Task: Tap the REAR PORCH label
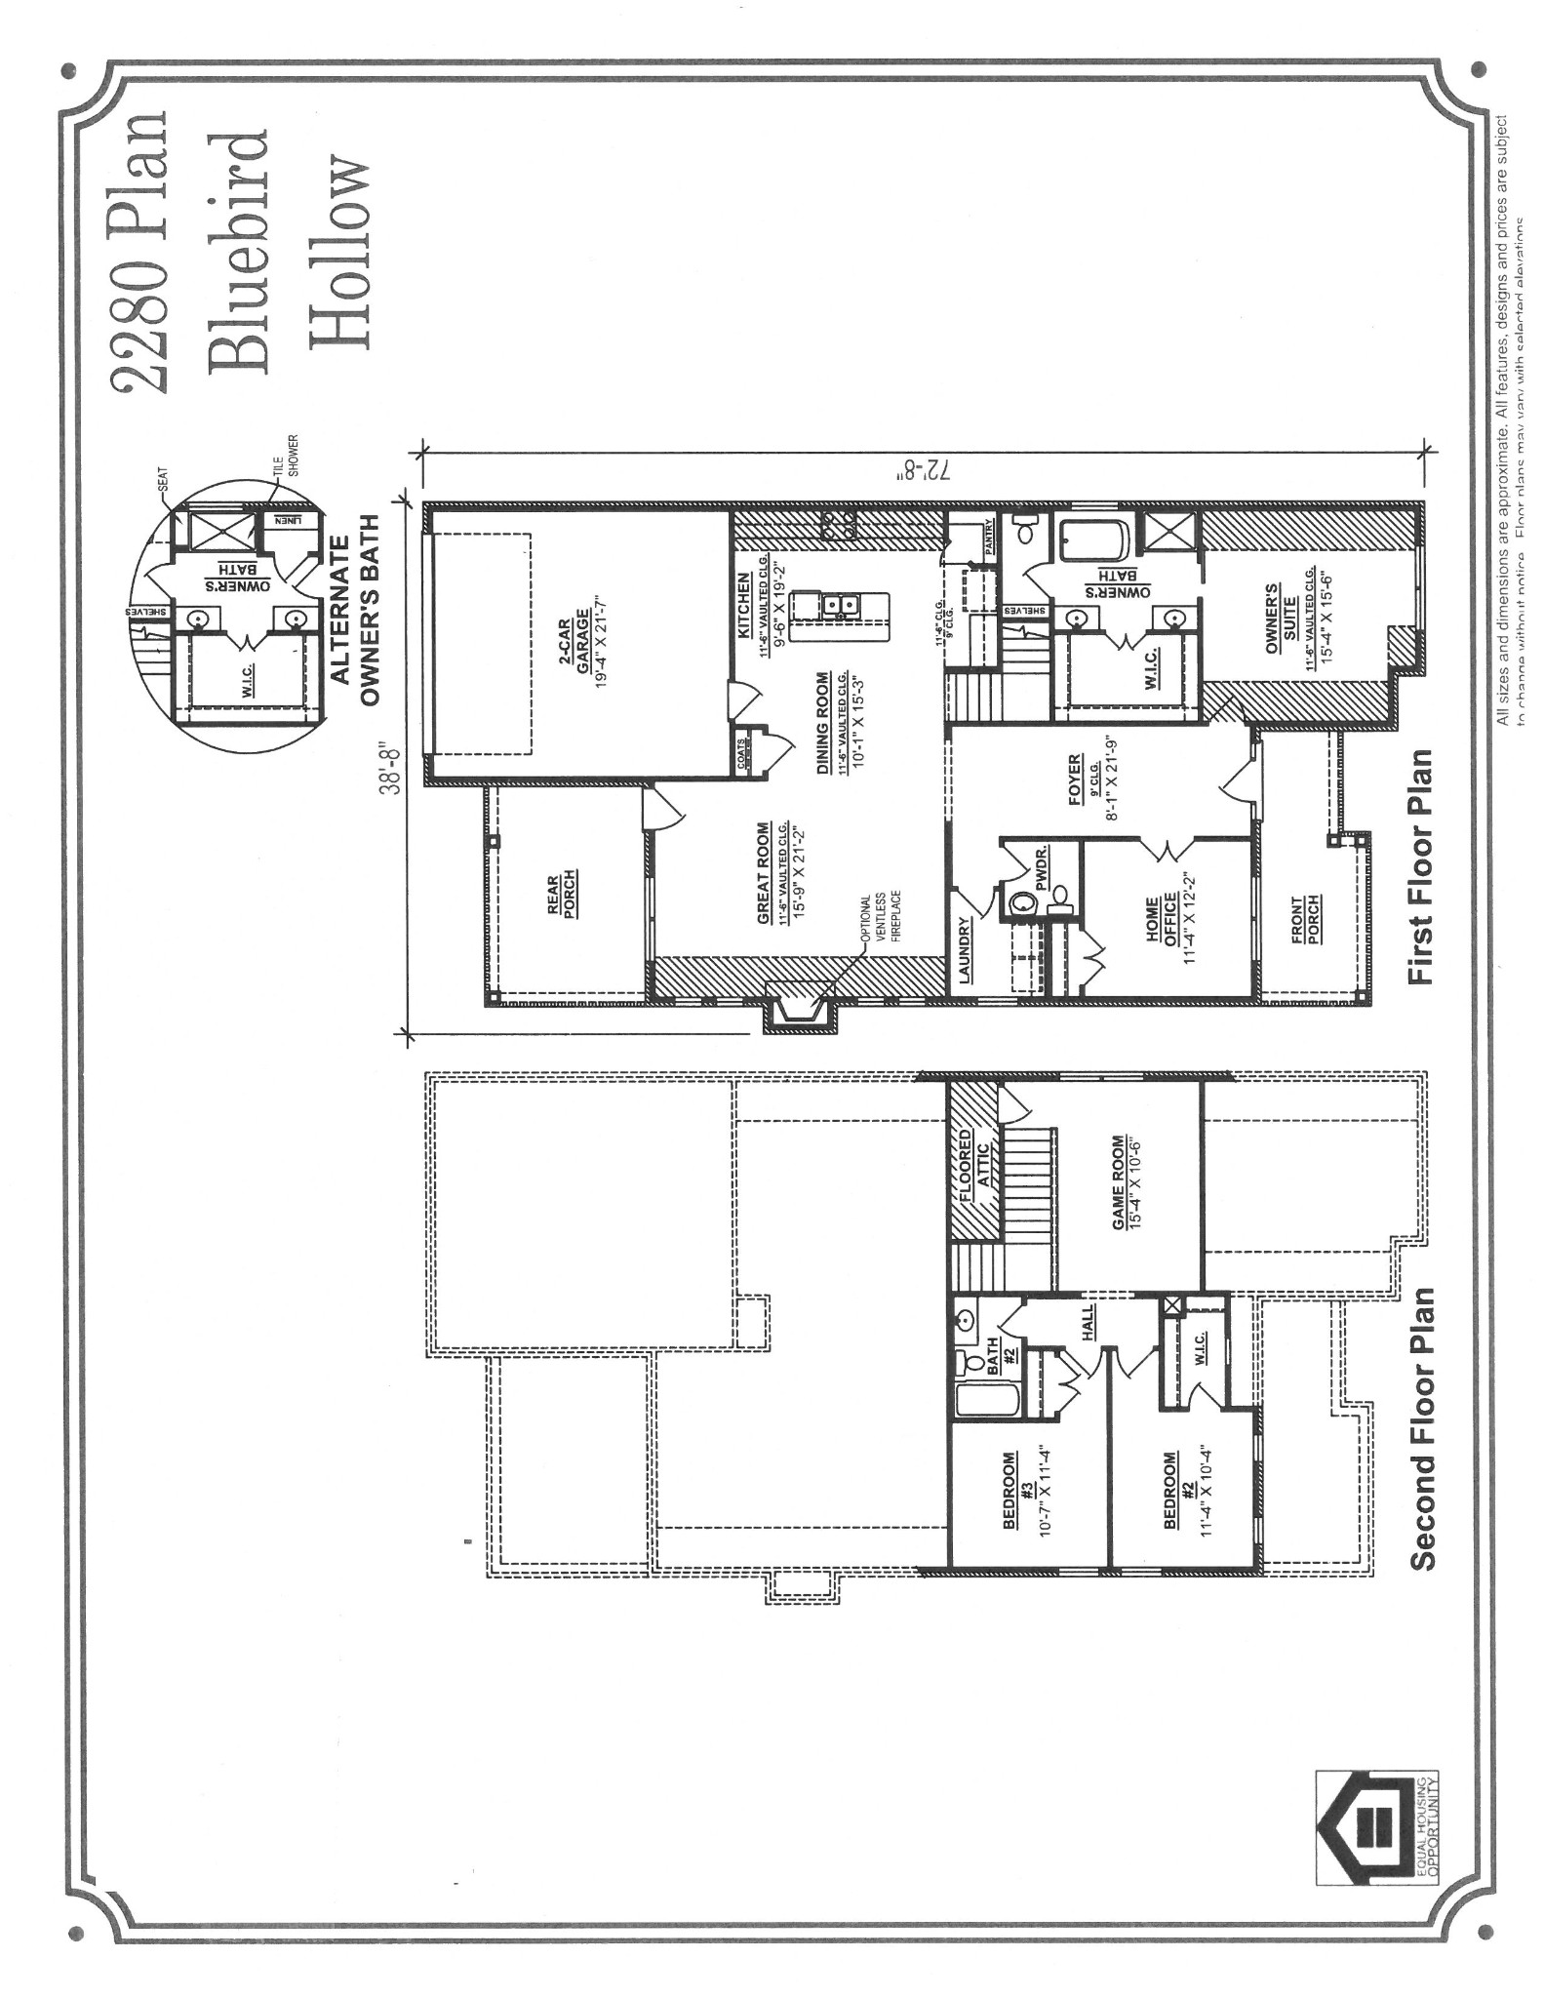559,893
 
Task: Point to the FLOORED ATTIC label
975,1171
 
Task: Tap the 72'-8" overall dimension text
922,469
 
